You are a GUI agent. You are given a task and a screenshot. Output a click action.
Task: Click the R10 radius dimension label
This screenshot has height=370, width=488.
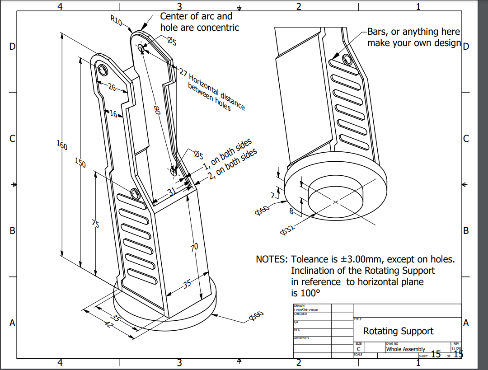[x=117, y=20]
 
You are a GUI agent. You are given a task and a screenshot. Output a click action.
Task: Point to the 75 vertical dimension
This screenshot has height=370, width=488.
[x=96, y=223]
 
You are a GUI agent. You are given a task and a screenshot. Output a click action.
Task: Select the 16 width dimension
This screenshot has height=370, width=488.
[x=113, y=114]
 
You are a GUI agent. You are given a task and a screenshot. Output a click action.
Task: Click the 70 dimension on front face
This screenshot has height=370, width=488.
[x=194, y=247]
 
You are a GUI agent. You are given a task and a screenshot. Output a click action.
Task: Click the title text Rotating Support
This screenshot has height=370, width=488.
[x=398, y=331]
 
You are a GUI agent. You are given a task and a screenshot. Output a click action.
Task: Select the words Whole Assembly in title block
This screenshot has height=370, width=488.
[x=405, y=349]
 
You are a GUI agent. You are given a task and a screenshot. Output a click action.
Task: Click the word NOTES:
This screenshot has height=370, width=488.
[x=271, y=259]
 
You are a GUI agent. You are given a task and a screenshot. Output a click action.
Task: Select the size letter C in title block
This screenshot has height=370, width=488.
[x=358, y=349]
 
